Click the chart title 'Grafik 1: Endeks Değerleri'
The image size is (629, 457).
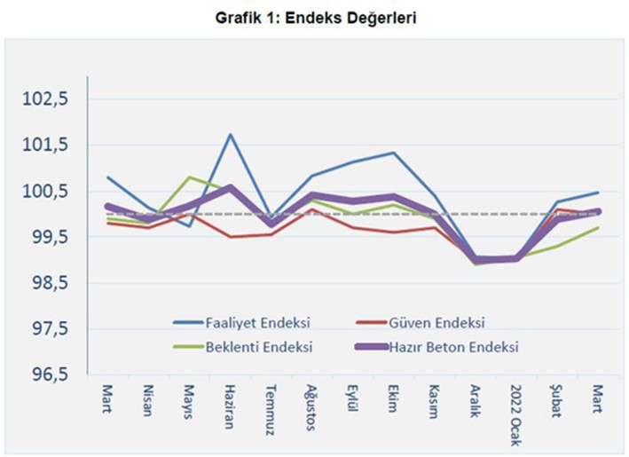point(315,17)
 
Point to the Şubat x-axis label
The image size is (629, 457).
point(558,401)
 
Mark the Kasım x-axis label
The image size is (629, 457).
point(435,401)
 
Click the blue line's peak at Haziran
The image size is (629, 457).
point(230,135)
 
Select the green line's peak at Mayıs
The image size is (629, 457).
point(188,177)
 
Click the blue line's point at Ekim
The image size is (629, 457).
point(392,153)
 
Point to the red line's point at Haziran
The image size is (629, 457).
point(230,237)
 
